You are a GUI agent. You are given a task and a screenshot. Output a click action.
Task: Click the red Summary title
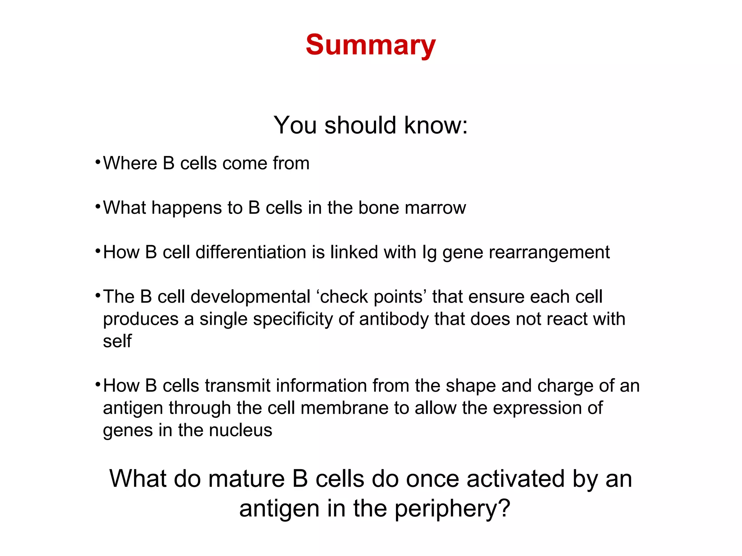(370, 45)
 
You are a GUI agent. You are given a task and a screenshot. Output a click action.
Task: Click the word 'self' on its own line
(117, 341)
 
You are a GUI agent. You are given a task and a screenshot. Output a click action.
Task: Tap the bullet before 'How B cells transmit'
(97, 384)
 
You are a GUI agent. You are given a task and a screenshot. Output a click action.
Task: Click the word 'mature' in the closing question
(246, 479)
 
